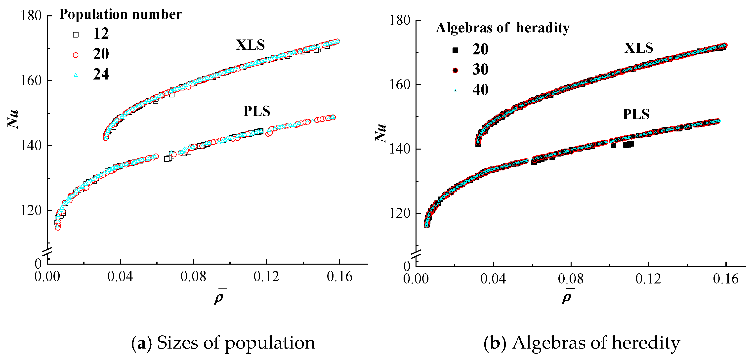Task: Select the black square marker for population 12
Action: [x=76, y=35]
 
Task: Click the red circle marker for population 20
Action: [x=76, y=55]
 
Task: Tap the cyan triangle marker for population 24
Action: [x=76, y=75]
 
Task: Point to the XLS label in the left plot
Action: [x=250, y=45]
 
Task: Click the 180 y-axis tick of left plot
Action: [x=31, y=15]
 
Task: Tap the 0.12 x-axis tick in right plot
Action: [x=648, y=279]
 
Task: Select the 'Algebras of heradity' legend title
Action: [x=502, y=28]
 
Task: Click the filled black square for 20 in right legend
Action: [x=455, y=50]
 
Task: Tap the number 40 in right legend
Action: [x=480, y=90]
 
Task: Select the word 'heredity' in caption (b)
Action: [x=646, y=343]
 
